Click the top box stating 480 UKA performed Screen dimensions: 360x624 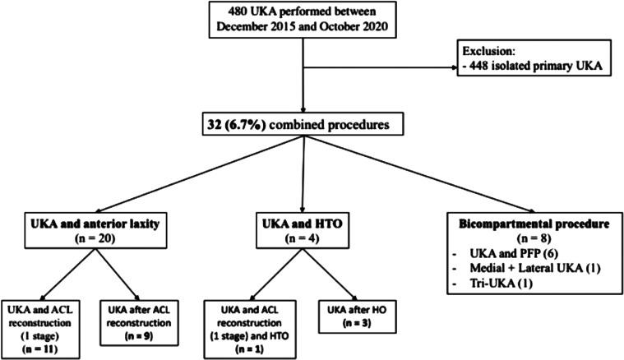click(x=304, y=19)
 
